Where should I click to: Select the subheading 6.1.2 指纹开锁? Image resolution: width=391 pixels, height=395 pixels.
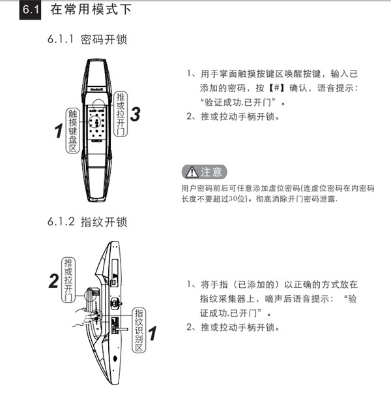[87, 221]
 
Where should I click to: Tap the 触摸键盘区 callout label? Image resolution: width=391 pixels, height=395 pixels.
[73, 131]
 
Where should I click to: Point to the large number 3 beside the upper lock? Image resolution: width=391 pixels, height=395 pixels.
[135, 114]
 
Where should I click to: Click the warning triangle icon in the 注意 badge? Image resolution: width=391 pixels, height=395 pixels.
[192, 172]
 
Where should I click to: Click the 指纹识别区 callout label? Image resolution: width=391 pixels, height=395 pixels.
[138, 330]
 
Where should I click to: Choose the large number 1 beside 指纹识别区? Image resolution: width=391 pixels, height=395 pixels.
[152, 335]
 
